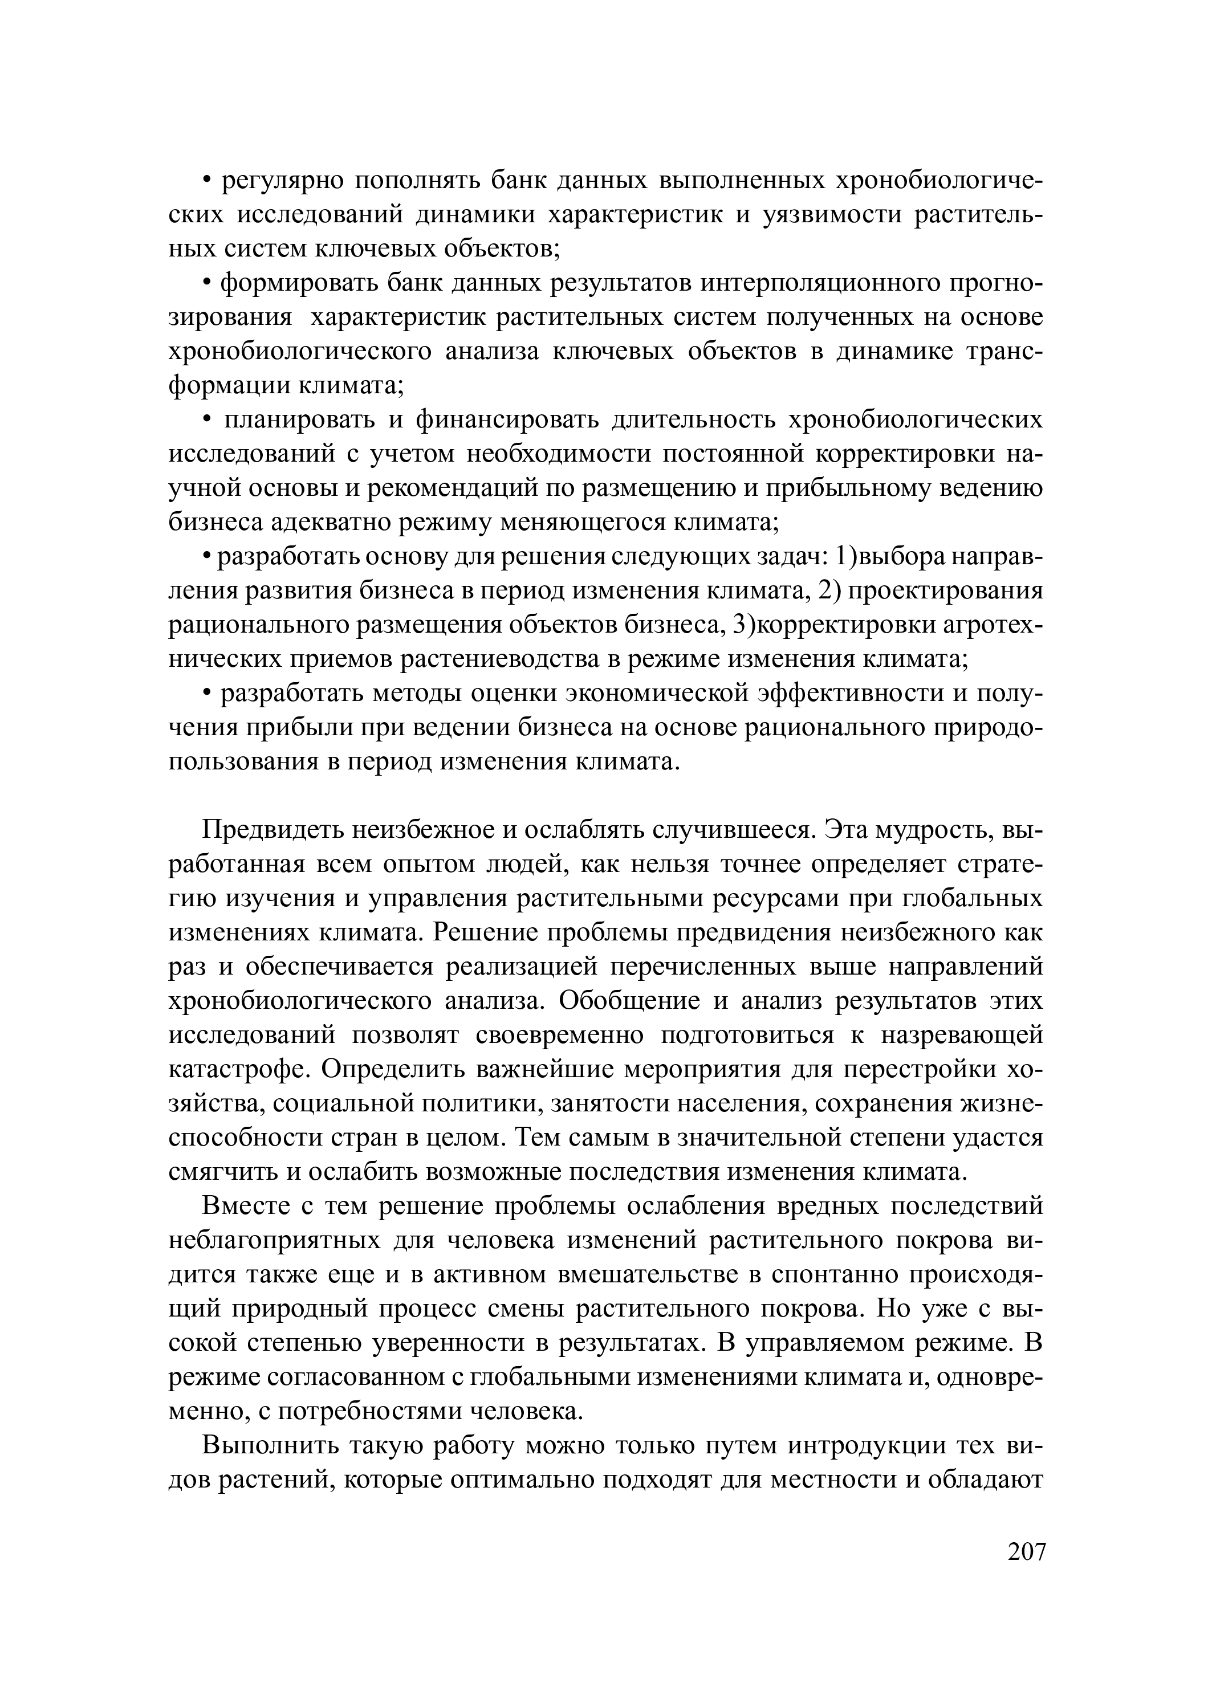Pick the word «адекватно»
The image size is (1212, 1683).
click(x=330, y=523)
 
